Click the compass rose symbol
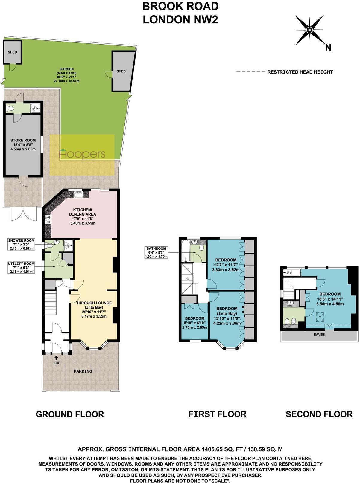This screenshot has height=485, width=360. [x=309, y=30]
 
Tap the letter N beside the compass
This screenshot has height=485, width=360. [x=328, y=48]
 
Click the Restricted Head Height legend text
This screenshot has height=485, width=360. [x=300, y=72]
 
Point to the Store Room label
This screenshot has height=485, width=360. [x=23, y=144]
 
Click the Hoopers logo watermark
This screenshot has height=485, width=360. [x=82, y=154]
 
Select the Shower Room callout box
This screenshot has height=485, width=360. [x=21, y=244]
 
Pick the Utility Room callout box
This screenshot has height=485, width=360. [x=21, y=267]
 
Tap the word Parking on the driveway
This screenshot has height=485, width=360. [x=83, y=371]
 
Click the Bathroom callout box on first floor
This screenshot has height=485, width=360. [x=156, y=252]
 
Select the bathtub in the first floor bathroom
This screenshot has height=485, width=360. [x=185, y=251]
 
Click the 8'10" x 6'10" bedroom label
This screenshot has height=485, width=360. [x=195, y=323]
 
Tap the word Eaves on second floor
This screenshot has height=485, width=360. [x=319, y=335]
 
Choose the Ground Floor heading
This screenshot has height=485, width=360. [x=70, y=414]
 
